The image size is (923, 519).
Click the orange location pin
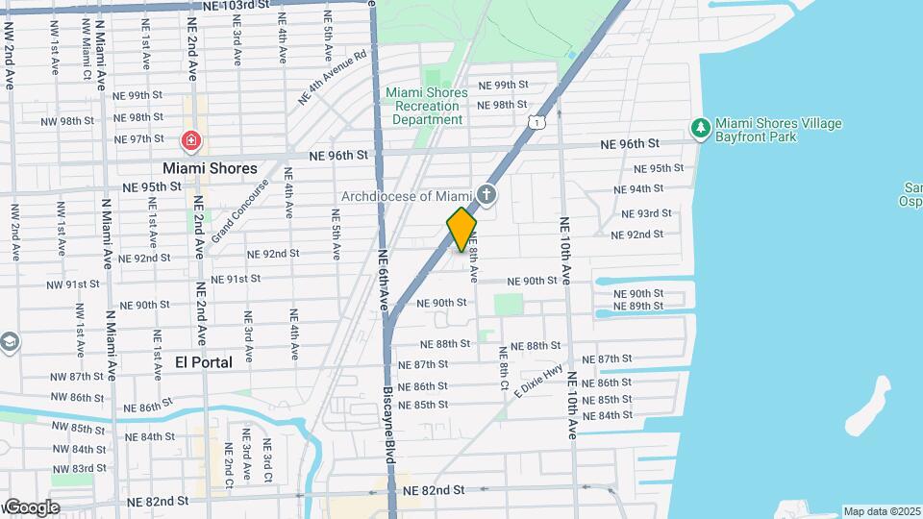(x=461, y=229)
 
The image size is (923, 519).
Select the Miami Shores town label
(x=210, y=168)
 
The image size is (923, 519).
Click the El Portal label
(x=204, y=362)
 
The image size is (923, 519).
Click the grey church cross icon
(x=487, y=196)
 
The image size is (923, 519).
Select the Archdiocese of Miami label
(x=409, y=197)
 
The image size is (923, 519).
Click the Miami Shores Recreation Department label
(x=427, y=106)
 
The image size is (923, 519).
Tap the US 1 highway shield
(x=537, y=121)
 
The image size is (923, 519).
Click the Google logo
(x=32, y=507)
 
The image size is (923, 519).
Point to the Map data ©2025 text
(x=882, y=511)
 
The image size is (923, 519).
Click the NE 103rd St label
(x=236, y=6)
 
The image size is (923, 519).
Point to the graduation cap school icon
(x=9, y=342)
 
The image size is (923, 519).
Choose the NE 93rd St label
(x=646, y=213)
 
